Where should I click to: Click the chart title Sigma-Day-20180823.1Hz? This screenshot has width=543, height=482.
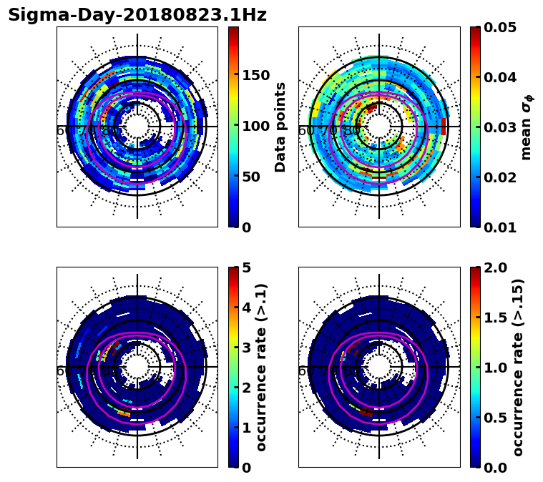(x=137, y=15)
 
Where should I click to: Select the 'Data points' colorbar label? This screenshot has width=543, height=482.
(x=280, y=127)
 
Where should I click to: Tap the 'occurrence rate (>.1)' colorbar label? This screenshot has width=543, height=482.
(x=262, y=367)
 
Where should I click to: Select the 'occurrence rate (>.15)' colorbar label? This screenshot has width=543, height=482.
(x=518, y=367)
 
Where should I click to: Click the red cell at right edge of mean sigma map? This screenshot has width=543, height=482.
(x=444, y=127)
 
